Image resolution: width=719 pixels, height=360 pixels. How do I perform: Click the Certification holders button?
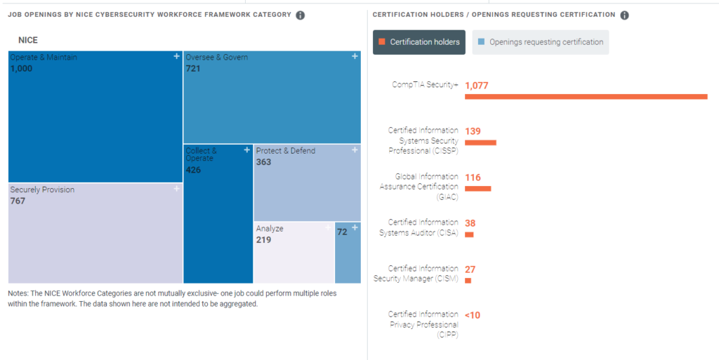point(419,42)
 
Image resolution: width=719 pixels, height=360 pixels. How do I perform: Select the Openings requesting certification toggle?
point(541,42)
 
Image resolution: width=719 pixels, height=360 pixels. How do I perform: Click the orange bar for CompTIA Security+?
point(586,97)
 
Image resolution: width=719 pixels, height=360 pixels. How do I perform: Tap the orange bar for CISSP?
point(480,142)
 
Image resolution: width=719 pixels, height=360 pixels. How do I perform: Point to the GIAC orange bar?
point(477,189)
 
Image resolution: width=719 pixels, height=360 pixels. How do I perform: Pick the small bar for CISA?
point(469,234)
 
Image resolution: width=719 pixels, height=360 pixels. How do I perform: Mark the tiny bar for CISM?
point(468,281)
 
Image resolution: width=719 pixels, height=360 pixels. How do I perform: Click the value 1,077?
point(477,86)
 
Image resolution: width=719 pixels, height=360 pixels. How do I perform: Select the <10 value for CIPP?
point(473,315)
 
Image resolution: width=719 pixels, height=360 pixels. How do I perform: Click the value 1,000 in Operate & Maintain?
point(22,69)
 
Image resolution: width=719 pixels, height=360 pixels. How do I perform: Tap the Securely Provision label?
point(42,189)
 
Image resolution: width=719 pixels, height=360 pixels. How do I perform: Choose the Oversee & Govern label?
point(217,58)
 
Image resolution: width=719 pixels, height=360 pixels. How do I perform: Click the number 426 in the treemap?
point(194,170)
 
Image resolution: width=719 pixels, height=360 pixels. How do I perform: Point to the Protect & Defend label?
point(286,151)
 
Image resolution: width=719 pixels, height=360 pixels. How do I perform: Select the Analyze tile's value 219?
point(263,240)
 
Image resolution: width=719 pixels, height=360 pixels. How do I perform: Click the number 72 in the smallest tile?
point(342,232)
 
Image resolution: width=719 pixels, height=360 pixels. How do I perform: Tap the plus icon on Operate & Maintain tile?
point(177,57)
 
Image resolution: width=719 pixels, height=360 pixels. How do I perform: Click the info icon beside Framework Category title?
point(301,15)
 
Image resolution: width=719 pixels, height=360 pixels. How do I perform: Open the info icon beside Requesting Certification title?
point(625,15)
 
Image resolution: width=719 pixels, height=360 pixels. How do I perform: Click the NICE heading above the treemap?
point(28,41)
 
